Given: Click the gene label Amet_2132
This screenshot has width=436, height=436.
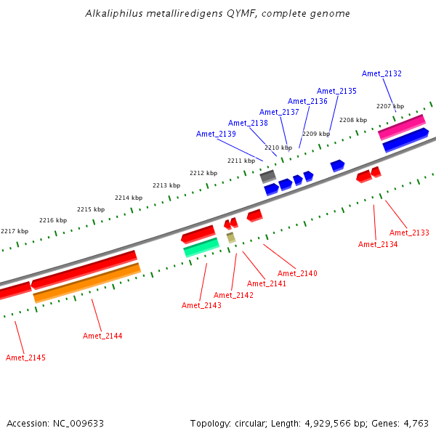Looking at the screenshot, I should tap(381, 73).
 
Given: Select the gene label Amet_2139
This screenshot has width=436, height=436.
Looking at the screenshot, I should tap(216, 134).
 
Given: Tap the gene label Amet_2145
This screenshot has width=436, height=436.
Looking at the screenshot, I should tap(25, 358).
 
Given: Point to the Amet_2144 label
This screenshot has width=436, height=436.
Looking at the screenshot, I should tap(102, 336).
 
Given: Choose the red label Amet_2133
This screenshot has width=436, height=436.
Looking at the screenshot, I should tap(409, 233).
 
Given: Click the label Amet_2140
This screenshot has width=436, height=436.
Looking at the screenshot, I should tap(297, 273).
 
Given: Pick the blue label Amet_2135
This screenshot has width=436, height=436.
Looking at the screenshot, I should tap(336, 91).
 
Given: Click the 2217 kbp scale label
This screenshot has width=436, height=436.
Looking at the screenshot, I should tap(14, 231).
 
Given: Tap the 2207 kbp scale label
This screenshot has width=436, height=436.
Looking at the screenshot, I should tap(389, 106).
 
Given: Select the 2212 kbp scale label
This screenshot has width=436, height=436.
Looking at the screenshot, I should tap(203, 173).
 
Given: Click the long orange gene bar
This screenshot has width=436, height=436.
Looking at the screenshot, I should tap(87, 283).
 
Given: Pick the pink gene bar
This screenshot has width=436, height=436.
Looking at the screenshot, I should tap(401, 126).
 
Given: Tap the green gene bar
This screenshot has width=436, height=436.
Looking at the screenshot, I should tap(201, 247).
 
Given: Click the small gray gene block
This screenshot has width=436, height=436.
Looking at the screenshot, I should tap(267, 175).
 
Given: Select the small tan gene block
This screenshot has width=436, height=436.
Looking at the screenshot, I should tap(231, 237).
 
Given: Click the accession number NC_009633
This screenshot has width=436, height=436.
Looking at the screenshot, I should tap(79, 423).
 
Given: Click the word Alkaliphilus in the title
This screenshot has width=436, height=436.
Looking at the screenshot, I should tap(113, 13).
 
